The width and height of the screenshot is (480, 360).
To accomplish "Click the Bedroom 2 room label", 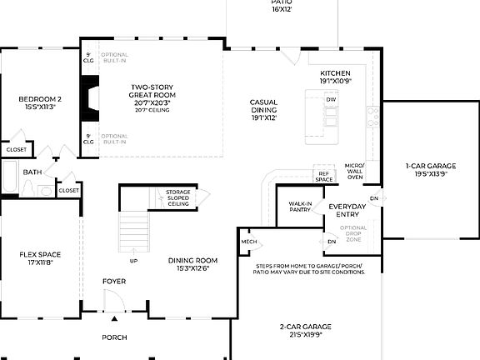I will point(40,103).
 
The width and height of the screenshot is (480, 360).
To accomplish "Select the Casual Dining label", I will point(263,109).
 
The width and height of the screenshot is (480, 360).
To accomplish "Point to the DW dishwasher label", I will point(331,99).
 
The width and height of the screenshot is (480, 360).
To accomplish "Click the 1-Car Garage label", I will point(430,171).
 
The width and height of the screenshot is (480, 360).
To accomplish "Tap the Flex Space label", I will point(40,257).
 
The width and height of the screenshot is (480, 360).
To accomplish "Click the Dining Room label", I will point(192,264).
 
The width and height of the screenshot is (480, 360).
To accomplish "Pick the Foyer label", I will point(114,282).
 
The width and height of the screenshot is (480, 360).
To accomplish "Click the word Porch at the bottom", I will point(114,337).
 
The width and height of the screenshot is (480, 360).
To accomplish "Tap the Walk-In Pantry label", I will point(300,207).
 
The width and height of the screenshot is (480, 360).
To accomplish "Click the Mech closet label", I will point(249,242).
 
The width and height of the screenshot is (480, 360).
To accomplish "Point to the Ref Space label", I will point(324,177).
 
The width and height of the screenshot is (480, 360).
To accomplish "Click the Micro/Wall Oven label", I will point(354,172).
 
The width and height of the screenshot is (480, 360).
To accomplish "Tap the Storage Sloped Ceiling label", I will point(177,197).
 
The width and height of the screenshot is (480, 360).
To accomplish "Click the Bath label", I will point(32,172).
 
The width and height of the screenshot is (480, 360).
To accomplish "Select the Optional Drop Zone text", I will point(353,234).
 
